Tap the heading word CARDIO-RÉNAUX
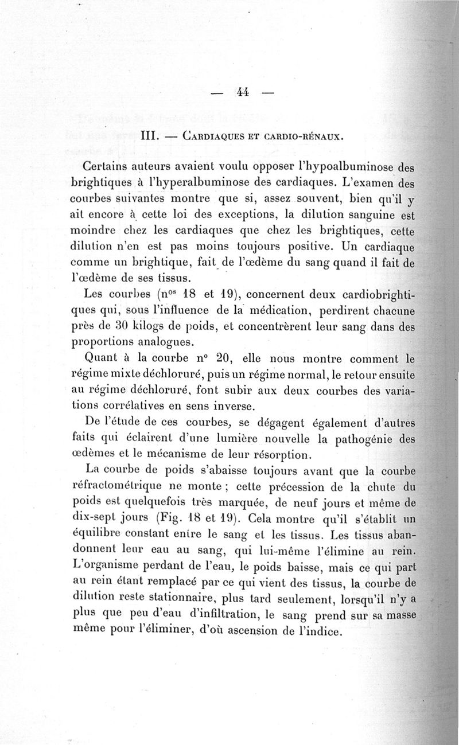[x=305, y=138]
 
